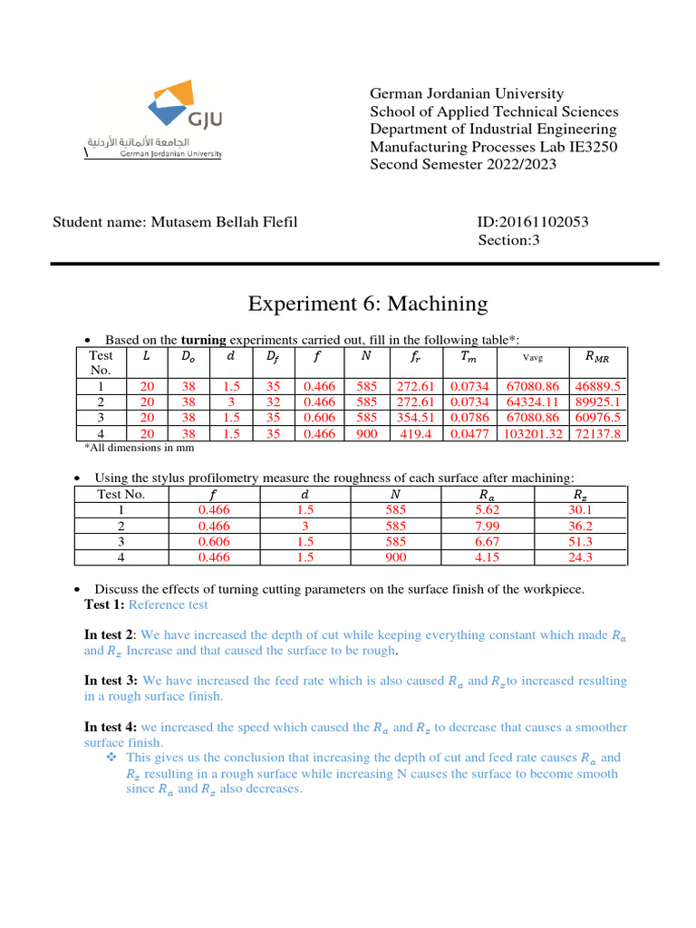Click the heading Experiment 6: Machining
(x=367, y=304)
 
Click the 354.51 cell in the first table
(x=417, y=418)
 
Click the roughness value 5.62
(x=489, y=510)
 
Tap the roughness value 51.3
(x=582, y=542)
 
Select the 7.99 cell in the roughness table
(x=489, y=527)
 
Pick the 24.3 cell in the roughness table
(x=582, y=558)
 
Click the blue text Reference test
(x=168, y=604)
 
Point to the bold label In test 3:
(x=111, y=681)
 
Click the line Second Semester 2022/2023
(x=463, y=164)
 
